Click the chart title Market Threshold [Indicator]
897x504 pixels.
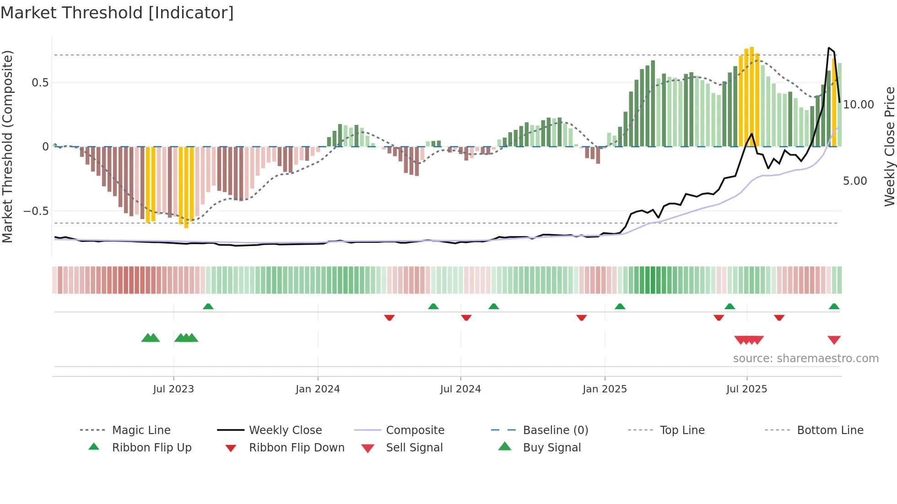(117, 13)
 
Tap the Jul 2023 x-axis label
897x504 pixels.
(173, 389)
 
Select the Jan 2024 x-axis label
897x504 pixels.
(318, 389)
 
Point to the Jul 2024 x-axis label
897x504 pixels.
(460, 389)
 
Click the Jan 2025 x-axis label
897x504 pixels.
(605, 389)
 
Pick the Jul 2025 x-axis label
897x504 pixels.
(746, 389)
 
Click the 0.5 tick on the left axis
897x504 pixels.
(40, 83)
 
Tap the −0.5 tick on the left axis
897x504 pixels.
(36, 211)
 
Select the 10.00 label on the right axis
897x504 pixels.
(858, 105)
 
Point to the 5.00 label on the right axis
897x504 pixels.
(855, 181)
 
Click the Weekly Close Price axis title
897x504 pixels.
(889, 146)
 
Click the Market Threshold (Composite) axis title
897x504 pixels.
(7, 146)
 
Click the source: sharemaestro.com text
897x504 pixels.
(805, 359)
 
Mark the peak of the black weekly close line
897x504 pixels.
(829, 48)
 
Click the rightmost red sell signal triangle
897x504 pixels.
(834, 340)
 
